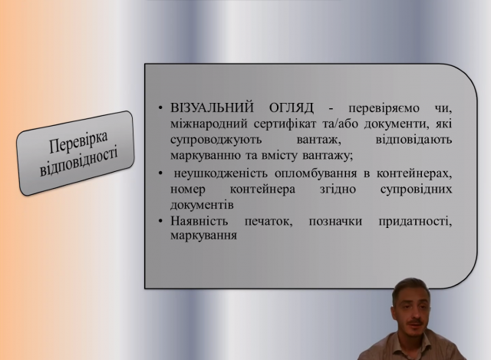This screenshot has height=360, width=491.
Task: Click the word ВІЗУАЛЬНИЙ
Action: click(212, 107)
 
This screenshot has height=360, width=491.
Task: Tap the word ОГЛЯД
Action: click(292, 107)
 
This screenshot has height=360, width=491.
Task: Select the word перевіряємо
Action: click(384, 108)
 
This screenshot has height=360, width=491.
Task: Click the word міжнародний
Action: click(209, 124)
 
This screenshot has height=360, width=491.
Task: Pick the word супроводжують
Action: click(216, 140)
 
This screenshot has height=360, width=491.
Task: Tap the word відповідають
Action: click(414, 140)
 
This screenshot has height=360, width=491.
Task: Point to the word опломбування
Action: click(315, 173)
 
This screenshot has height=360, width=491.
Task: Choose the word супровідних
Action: click(416, 190)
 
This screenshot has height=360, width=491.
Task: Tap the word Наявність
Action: click(199, 221)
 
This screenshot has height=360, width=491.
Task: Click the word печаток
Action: click(269, 222)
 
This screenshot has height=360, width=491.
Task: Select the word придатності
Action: click(415, 222)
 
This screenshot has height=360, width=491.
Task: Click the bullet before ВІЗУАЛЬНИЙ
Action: click(160, 108)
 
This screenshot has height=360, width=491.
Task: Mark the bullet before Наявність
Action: click(160, 221)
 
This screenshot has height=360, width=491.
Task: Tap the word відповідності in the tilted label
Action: click(78, 160)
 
